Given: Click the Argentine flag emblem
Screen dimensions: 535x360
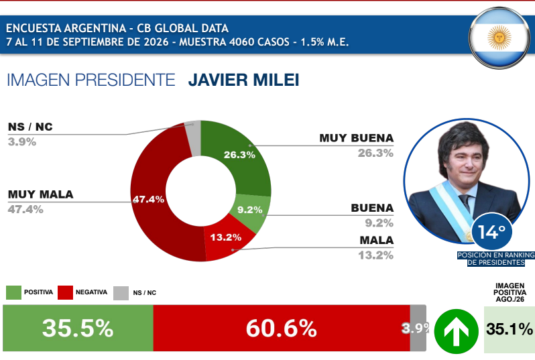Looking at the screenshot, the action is (499, 38).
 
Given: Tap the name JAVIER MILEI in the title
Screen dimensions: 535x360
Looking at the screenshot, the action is (243, 80).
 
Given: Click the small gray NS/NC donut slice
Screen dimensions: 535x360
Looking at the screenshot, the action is (193, 137).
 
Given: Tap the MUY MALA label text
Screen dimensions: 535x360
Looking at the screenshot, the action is (41, 194).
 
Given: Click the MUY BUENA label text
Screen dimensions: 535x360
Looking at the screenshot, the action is (356, 138).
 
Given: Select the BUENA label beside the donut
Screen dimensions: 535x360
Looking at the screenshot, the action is (372, 208).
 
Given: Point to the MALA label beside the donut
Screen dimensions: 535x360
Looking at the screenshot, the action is (377, 240).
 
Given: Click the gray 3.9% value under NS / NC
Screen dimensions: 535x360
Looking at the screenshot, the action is (22, 141).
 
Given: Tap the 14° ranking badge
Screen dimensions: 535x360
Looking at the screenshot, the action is (491, 232).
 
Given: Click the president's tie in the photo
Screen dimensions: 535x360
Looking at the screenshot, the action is (465, 202).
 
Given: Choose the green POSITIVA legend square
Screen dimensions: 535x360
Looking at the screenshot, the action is (13, 292).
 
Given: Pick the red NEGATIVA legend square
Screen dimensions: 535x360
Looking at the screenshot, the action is (65, 292).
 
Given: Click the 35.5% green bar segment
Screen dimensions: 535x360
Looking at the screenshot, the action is (78, 328).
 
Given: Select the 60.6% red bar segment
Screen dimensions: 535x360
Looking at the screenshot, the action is (282, 328).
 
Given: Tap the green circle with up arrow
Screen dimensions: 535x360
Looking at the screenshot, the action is (456, 331).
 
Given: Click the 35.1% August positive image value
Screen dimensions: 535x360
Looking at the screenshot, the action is (510, 329).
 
